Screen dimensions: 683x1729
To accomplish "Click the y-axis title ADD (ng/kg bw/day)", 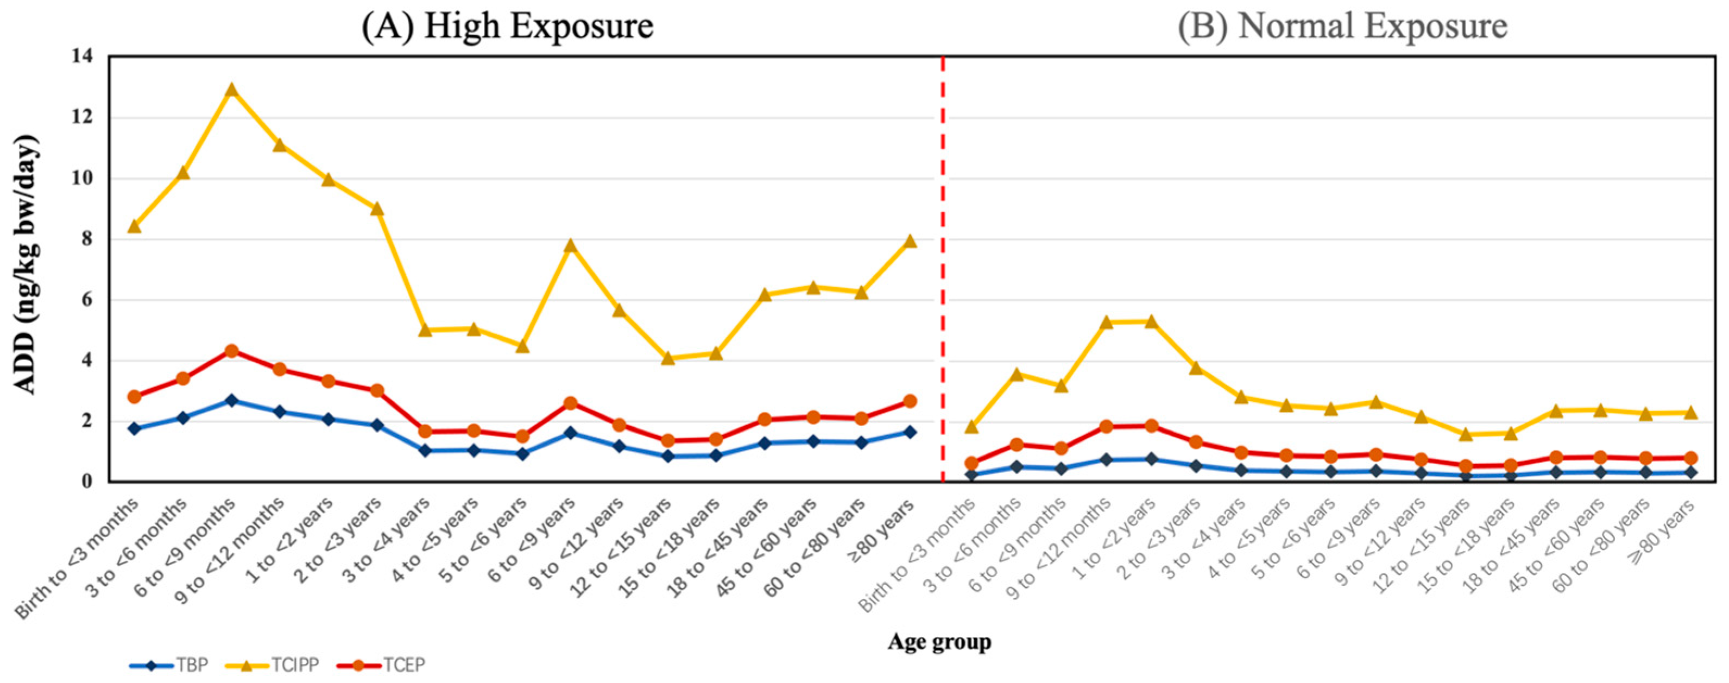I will (26, 265).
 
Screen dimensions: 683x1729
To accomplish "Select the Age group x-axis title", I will (939, 641).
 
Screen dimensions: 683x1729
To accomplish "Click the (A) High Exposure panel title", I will (507, 27).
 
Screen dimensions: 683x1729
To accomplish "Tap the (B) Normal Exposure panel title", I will (1343, 27).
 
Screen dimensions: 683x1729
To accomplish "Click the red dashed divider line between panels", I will (943, 268).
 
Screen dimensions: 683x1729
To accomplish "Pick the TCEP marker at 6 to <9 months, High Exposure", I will (231, 351).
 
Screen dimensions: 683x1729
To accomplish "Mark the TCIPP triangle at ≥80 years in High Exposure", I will (910, 242).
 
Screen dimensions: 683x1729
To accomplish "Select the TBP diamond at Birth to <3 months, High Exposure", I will (134, 428).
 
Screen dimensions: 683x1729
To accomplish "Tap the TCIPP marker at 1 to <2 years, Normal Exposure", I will (1151, 321).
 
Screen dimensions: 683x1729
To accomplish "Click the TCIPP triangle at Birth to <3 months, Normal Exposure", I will (971, 427).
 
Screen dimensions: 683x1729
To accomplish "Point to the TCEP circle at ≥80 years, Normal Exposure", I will (1690, 458).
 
